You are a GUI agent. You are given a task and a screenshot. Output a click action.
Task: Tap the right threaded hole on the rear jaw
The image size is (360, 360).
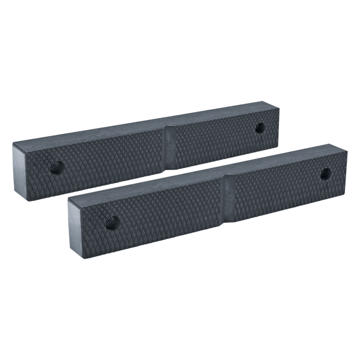click(x=260, y=128)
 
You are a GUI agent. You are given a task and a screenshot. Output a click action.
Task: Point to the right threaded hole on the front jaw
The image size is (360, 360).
click(x=325, y=174)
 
